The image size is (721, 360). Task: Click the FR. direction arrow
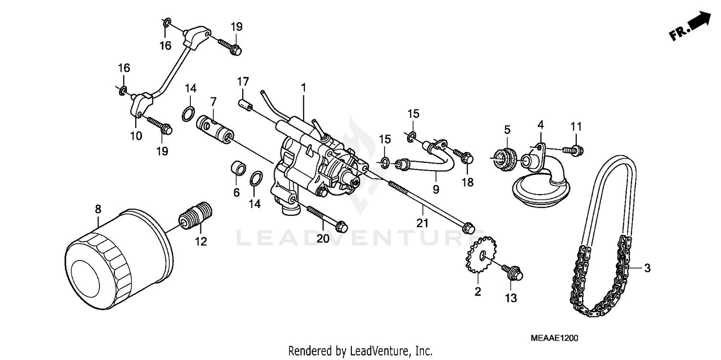(x=693, y=28)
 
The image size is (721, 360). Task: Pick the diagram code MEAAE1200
(x=554, y=338)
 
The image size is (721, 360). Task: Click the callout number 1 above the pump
(x=303, y=87)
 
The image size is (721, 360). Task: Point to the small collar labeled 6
(x=237, y=168)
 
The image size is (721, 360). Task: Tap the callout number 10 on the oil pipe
(x=136, y=136)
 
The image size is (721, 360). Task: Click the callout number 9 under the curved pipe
(x=435, y=189)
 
